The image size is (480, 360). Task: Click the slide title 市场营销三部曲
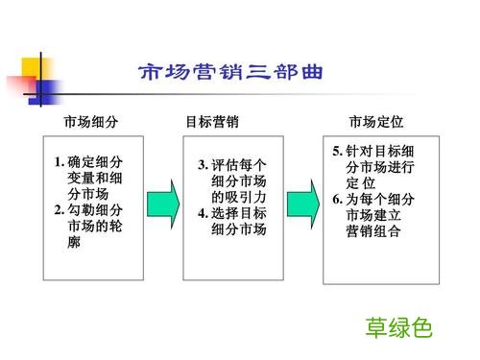click(x=230, y=73)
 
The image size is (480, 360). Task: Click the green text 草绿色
click(x=398, y=327)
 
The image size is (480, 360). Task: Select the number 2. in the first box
click(x=60, y=210)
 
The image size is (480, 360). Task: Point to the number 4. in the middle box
click(x=203, y=213)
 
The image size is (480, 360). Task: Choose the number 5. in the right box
click(x=337, y=152)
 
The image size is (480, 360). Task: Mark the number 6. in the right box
click(x=337, y=199)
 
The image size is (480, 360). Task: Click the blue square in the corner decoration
click(x=42, y=93)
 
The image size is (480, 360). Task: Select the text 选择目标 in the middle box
click(x=240, y=213)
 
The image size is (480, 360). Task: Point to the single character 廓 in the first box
click(x=75, y=242)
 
